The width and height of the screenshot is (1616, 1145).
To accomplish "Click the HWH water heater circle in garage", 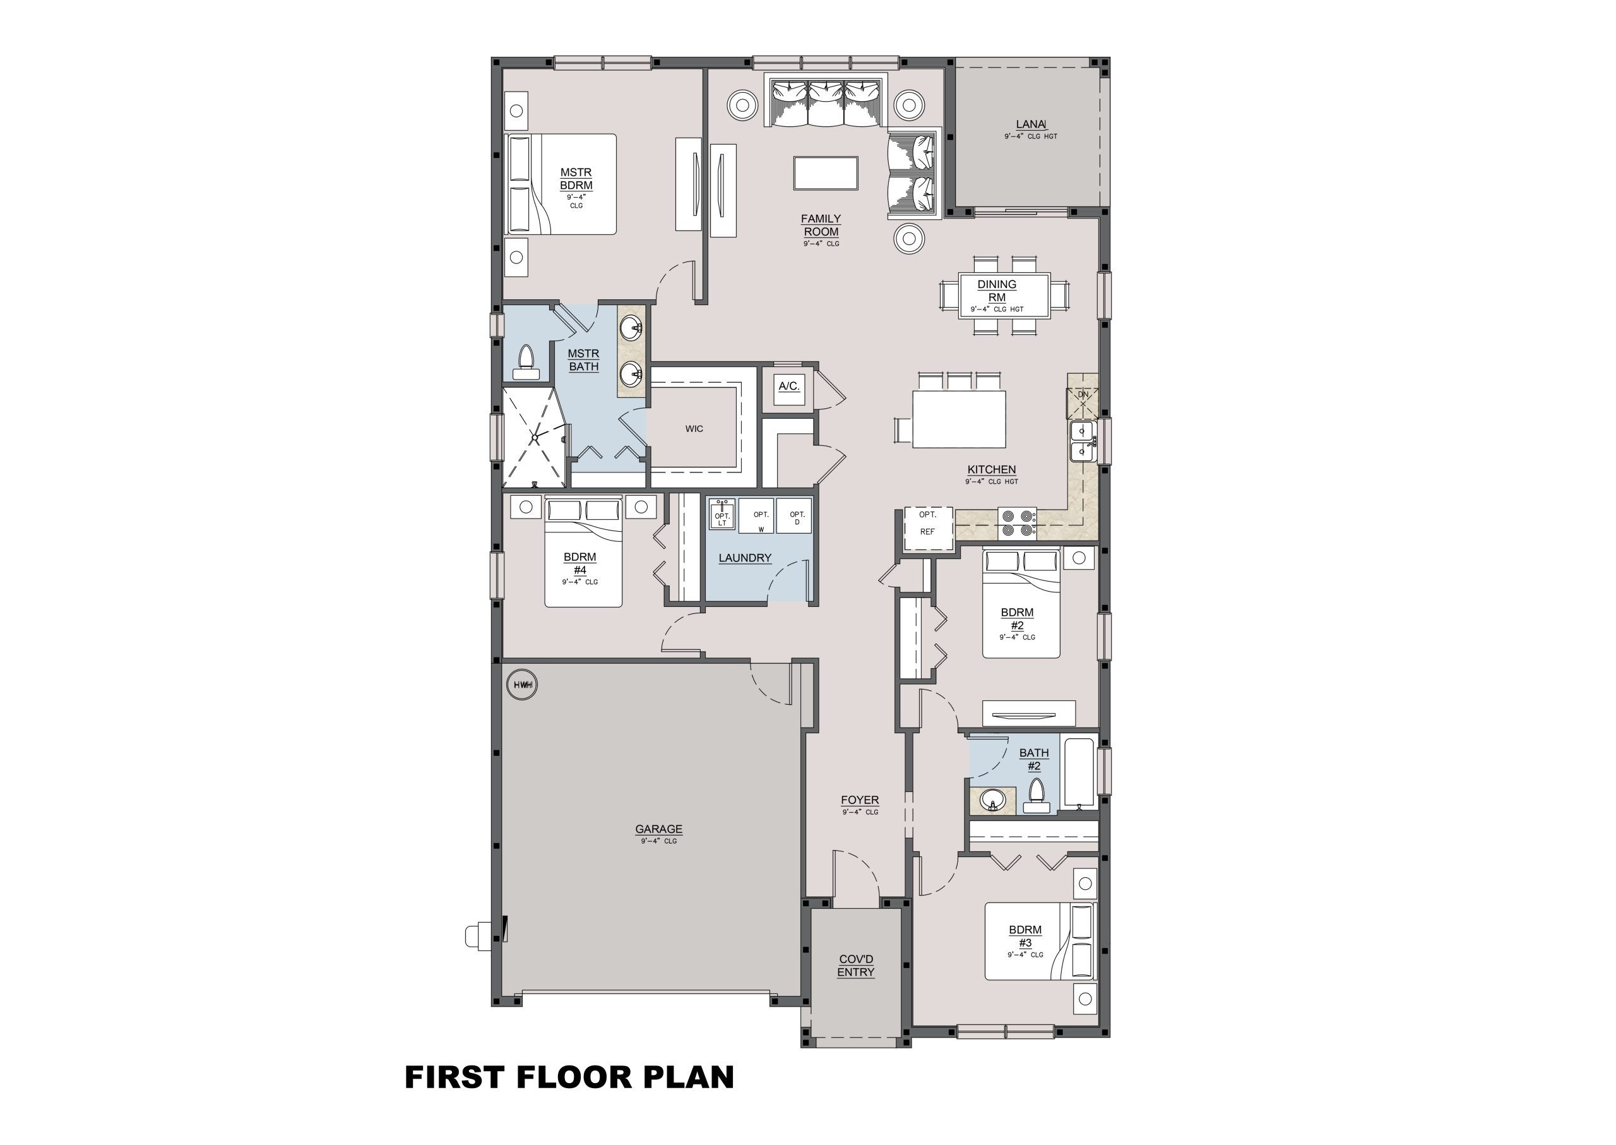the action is (521, 684).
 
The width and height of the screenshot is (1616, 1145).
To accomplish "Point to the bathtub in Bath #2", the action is (1079, 772).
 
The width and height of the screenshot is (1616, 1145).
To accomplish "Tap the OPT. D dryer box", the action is (794, 515).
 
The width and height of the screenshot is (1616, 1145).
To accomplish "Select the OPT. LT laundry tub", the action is (722, 515).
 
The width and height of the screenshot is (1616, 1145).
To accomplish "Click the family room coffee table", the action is (825, 174).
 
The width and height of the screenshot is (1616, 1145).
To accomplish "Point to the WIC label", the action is (694, 429).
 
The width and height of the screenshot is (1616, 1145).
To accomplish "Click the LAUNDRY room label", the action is (745, 558).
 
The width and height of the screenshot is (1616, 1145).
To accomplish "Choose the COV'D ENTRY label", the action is (855, 966).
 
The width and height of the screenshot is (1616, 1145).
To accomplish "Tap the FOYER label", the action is (860, 800).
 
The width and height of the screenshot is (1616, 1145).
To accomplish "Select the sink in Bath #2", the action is (993, 801).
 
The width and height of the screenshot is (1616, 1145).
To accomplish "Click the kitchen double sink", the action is (1082, 441).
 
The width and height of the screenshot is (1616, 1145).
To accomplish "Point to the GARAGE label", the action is (659, 829).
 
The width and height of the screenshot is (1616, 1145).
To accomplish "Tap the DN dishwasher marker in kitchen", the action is (1083, 395).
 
